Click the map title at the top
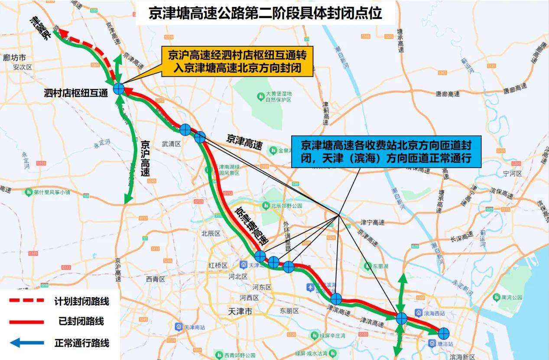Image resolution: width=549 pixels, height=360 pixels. [x=265, y=13]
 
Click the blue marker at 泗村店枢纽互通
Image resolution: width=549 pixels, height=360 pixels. [x=119, y=89]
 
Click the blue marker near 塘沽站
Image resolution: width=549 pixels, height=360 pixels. [x=443, y=333]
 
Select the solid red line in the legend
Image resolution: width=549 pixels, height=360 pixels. [x=27, y=322]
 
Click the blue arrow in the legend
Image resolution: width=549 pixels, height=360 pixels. [x=27, y=343]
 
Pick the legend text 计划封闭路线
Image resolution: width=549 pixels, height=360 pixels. [x=81, y=301]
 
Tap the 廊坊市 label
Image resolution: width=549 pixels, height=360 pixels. [x=14, y=58]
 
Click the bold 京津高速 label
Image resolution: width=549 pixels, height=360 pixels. [x=244, y=142]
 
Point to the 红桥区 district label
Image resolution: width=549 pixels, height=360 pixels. [x=218, y=265]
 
